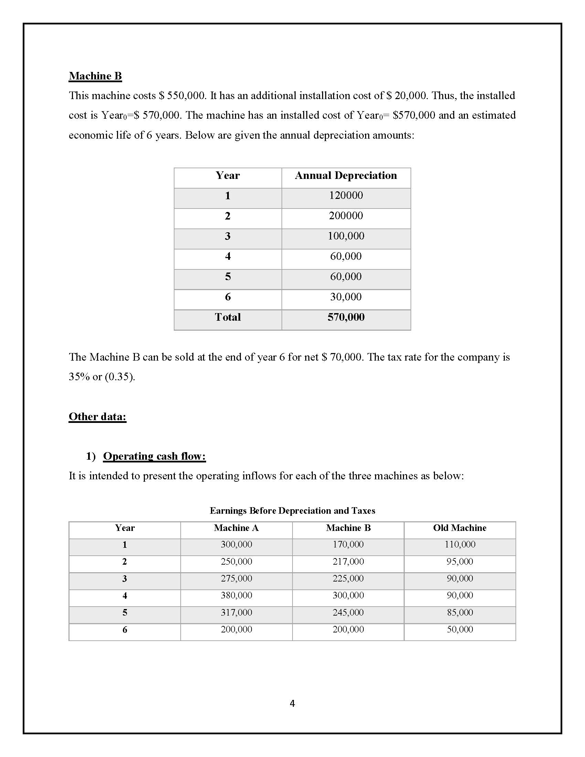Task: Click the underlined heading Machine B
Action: [x=95, y=76]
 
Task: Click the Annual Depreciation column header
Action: [x=345, y=175]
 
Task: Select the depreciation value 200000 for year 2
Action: [x=345, y=216]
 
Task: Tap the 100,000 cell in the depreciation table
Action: [x=345, y=236]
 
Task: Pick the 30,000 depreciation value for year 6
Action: [x=345, y=297]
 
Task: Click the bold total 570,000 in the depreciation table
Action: [x=345, y=317]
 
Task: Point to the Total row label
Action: [x=227, y=317]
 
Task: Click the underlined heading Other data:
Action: [x=97, y=416]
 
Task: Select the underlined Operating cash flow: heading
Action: [x=154, y=456]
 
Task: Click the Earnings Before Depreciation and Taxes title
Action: [x=292, y=511]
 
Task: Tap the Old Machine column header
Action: [x=459, y=527]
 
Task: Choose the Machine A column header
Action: [x=236, y=527]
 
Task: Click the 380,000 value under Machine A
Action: [x=236, y=595]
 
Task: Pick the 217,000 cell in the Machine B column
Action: [x=348, y=561]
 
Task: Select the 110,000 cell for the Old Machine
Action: [x=459, y=544]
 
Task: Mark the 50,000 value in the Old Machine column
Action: [x=459, y=629]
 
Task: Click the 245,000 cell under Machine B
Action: [x=348, y=612]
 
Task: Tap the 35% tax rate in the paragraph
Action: [x=79, y=377]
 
